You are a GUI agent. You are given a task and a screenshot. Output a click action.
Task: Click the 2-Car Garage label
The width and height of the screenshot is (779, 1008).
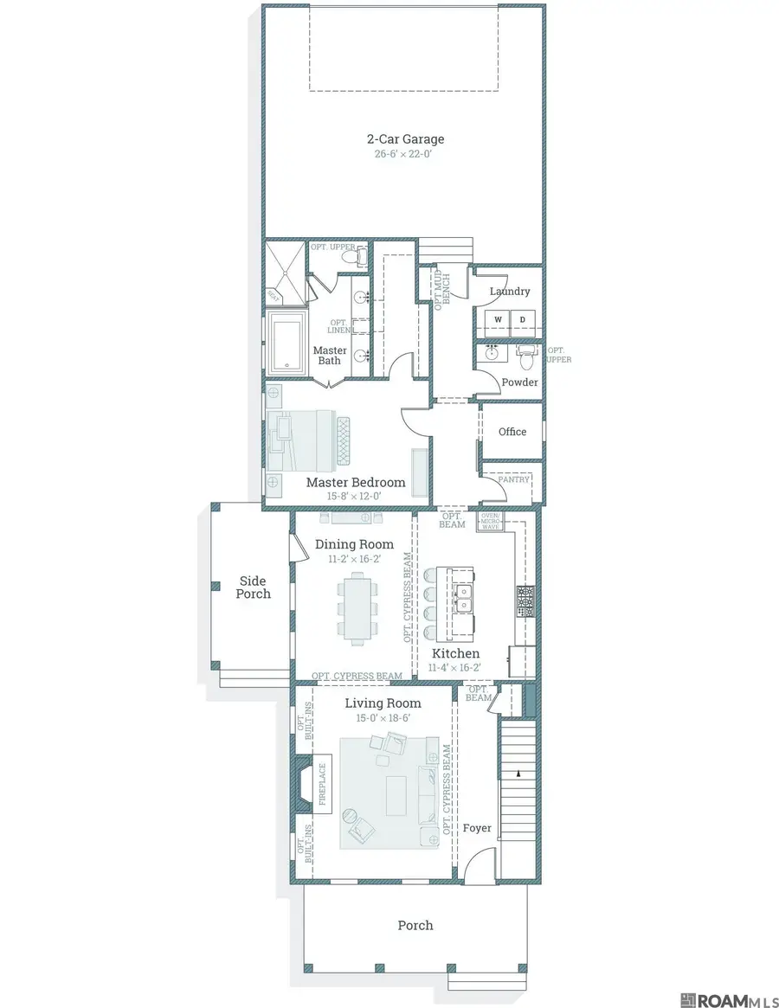pyautogui.click(x=405, y=138)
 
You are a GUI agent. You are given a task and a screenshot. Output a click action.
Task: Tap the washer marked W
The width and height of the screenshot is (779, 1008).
pyautogui.click(x=498, y=320)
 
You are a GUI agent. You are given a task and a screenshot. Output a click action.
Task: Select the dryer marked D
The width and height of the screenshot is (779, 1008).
pyautogui.click(x=522, y=320)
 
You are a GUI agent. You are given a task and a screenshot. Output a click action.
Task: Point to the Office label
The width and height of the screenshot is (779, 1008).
pyautogui.click(x=512, y=431)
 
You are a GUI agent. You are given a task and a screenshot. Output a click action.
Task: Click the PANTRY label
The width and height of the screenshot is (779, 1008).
pyautogui.click(x=513, y=478)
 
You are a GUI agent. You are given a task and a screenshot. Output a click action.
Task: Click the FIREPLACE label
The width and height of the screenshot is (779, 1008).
pyautogui.click(x=322, y=784)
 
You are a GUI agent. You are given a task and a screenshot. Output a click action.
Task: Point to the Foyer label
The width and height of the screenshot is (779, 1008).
pyautogui.click(x=477, y=828)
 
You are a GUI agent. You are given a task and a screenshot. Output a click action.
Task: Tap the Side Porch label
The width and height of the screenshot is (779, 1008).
pyautogui.click(x=253, y=587)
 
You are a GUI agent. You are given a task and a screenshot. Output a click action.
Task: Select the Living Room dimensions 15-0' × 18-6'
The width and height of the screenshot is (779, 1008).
pyautogui.click(x=383, y=718)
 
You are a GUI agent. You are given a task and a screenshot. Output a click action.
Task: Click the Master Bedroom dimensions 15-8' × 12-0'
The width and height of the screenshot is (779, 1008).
pyautogui.click(x=355, y=497)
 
